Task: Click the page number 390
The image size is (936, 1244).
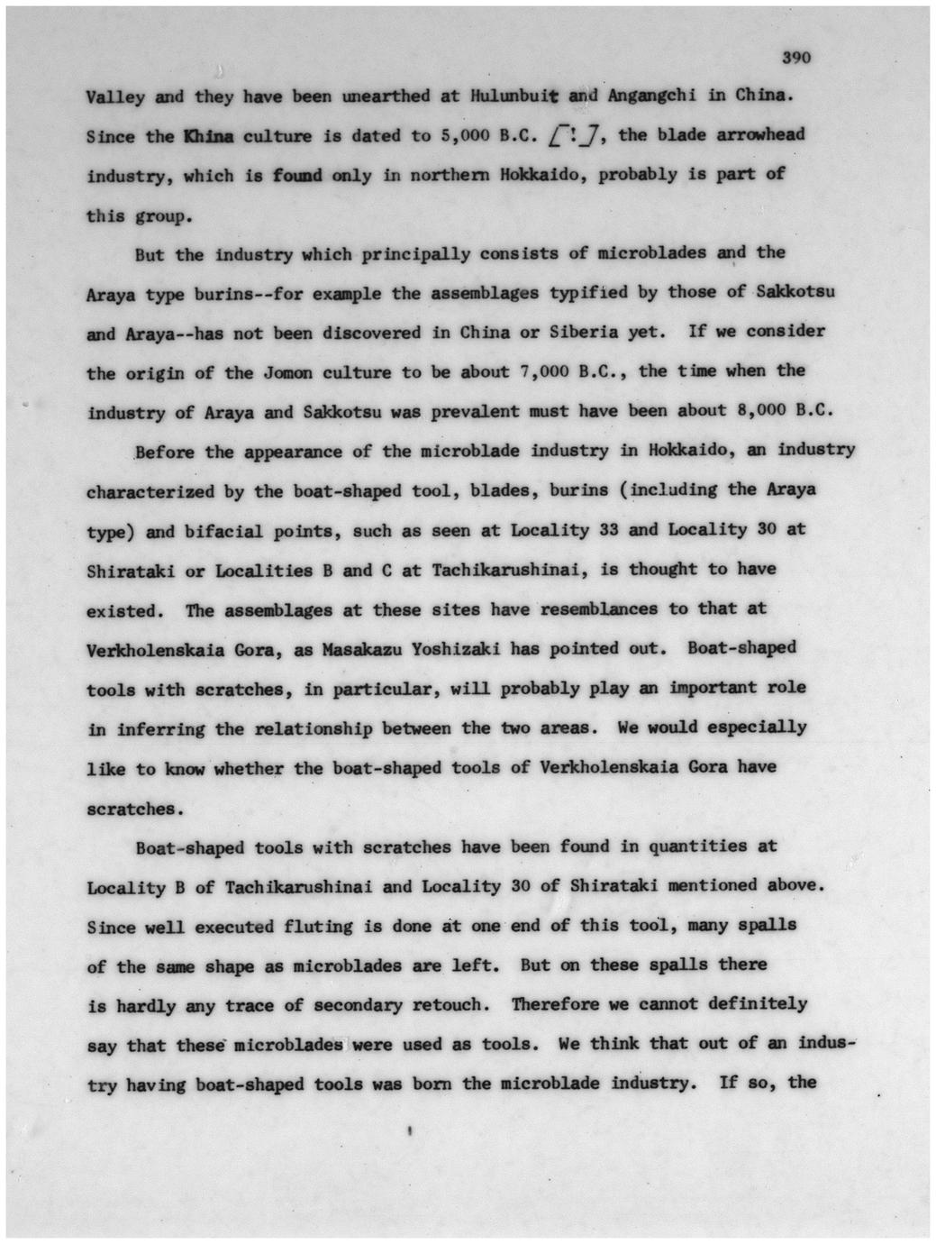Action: pos(797,58)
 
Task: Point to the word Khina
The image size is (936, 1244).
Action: pos(208,137)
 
